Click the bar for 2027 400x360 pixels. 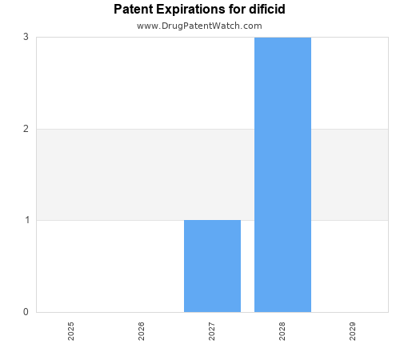point(212,266)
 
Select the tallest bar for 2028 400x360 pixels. point(282,174)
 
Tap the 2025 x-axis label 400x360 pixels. point(71,331)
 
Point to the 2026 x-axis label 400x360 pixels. point(142,331)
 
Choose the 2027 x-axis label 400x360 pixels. point(212,331)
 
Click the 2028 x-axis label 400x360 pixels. point(282,331)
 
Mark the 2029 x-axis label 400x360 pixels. point(353,331)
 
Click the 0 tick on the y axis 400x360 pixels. point(26,312)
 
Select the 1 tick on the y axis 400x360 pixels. point(26,220)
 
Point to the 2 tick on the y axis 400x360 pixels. point(26,129)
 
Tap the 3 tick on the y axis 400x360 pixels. point(26,37)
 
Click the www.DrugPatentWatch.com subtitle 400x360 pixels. point(199,26)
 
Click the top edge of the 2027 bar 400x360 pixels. point(212,220)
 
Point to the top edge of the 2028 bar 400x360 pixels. point(282,38)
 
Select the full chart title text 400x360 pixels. point(199,10)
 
